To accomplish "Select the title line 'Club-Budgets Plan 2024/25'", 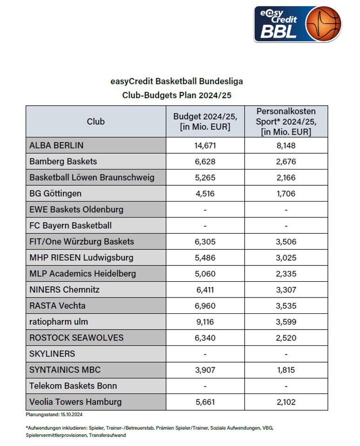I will point(177,95).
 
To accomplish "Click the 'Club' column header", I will point(96,122).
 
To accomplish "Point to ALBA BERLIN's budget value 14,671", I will point(205,145).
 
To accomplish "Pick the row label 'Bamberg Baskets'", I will point(63,162).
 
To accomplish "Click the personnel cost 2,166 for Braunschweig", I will point(286,177).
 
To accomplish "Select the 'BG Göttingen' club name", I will point(55,193).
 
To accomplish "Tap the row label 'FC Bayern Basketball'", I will point(71,225).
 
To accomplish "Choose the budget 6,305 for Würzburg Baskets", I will point(205,242).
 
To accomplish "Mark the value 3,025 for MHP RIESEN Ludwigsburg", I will point(286,257).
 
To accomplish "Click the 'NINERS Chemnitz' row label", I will point(65,290).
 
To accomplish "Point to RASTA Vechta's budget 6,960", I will point(205,306).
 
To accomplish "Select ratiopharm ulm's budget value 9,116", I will point(205,322).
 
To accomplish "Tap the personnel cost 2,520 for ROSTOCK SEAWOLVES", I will point(286,338).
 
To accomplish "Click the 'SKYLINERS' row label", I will point(52,354).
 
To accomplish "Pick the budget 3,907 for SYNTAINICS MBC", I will point(205,370).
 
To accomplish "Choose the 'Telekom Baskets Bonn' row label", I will point(73,386).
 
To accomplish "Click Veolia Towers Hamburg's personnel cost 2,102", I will point(286,402).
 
